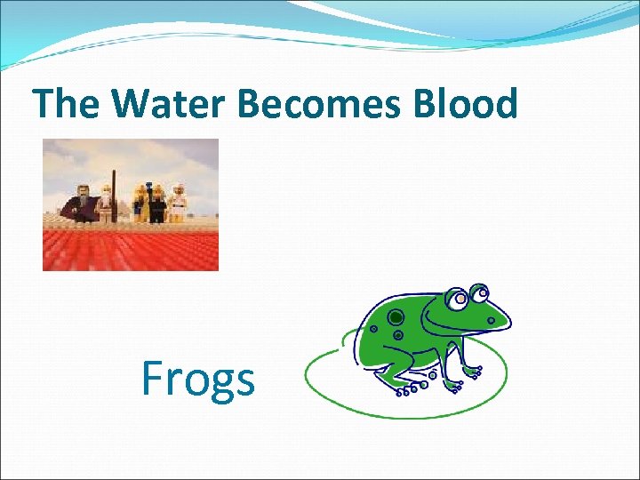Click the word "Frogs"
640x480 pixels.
198,380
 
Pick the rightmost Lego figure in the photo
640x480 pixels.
180,203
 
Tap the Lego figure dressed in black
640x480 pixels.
158,204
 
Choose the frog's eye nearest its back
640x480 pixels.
458,300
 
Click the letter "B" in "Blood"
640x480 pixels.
423,104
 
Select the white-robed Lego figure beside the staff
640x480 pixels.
105,204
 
